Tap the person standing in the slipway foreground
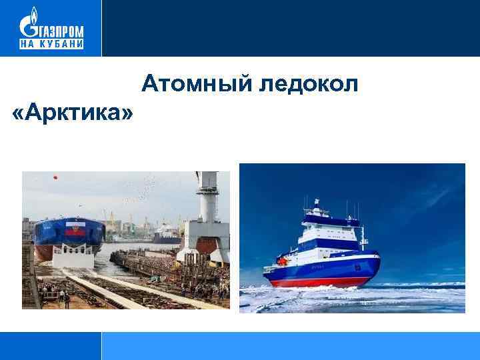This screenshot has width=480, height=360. (x=67, y=299)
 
